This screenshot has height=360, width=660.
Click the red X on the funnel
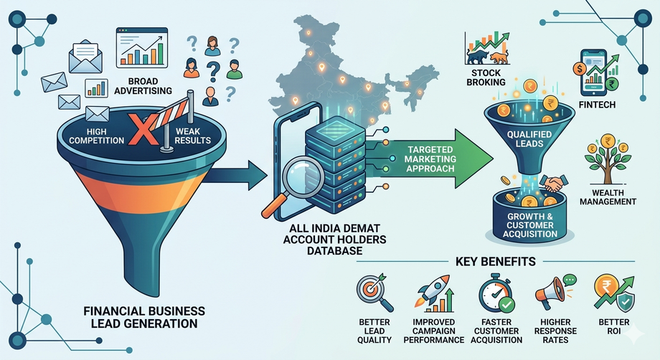click(x=143, y=128)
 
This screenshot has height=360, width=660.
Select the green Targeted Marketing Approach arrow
click(x=429, y=158)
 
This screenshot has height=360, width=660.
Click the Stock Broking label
click(x=486, y=77)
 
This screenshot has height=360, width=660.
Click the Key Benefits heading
click(x=496, y=262)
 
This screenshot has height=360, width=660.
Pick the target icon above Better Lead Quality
click(x=374, y=291)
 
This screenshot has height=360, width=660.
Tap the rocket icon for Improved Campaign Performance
click(x=433, y=293)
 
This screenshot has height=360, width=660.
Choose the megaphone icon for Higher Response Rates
click(x=555, y=290)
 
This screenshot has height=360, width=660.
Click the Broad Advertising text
click(x=143, y=86)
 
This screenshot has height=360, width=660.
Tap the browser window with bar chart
click(x=142, y=47)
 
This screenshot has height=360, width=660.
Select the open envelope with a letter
click(x=86, y=56)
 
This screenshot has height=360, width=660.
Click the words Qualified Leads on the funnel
click(x=529, y=139)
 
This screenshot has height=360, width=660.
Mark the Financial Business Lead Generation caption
click(x=144, y=317)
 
